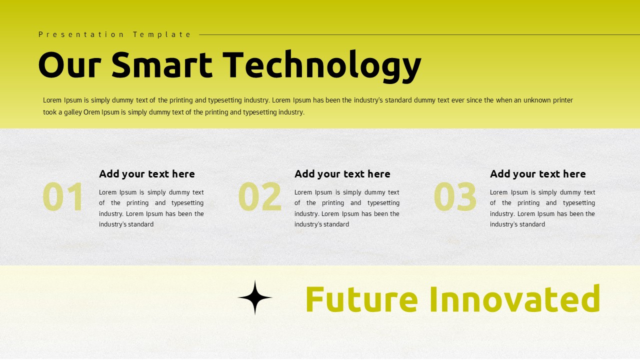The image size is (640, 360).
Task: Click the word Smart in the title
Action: coord(161,65)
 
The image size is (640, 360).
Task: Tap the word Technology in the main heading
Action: coord(321,65)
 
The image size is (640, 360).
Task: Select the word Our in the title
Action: coord(69,65)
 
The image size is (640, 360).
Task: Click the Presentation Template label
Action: coord(115,34)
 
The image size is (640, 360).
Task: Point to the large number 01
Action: coord(63,197)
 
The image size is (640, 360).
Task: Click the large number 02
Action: coord(259,197)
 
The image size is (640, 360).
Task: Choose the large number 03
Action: coord(455,197)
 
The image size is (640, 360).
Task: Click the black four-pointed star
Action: coord(255,297)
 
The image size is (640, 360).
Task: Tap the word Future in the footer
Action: coord(361,298)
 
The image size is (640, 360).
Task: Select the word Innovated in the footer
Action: coord(514,298)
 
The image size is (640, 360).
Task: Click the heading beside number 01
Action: coord(147,174)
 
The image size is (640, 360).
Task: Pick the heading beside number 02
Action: coord(342,174)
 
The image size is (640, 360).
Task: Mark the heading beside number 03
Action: coord(538,174)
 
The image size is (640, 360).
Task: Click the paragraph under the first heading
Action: coord(151,208)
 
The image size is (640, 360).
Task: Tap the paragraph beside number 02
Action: coord(347,208)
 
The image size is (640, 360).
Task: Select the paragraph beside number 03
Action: coord(542,208)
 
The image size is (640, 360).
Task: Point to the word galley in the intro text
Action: coord(72,112)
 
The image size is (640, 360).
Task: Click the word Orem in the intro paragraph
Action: coord(91,112)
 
